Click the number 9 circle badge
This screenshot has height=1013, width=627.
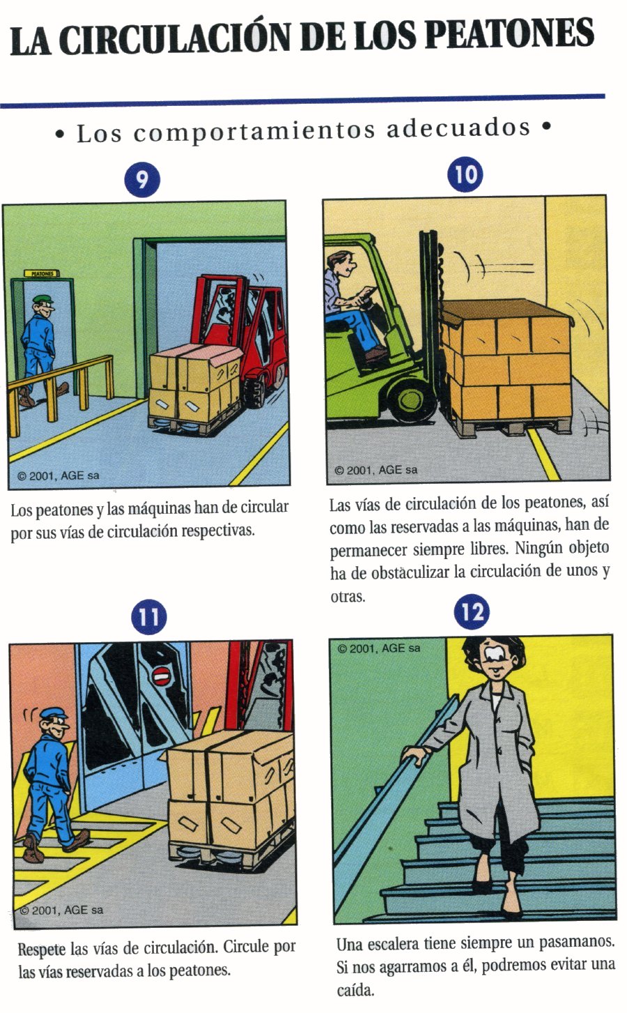coord(142,180)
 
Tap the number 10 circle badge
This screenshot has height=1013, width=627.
coord(465,174)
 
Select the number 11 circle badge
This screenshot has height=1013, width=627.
coord(148,617)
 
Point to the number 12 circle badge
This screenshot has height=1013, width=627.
coord(472,612)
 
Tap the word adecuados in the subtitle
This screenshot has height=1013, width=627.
coord(458,128)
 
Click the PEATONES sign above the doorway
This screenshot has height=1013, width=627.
coord(42,273)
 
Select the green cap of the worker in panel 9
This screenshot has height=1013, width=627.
coord(43,299)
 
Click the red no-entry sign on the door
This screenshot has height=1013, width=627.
coord(160,676)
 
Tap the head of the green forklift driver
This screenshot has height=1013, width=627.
coord(342,266)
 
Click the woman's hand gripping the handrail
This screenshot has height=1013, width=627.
coord(415,752)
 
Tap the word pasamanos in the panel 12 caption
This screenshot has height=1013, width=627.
coord(577,942)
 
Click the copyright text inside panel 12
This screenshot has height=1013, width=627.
coord(379,648)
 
